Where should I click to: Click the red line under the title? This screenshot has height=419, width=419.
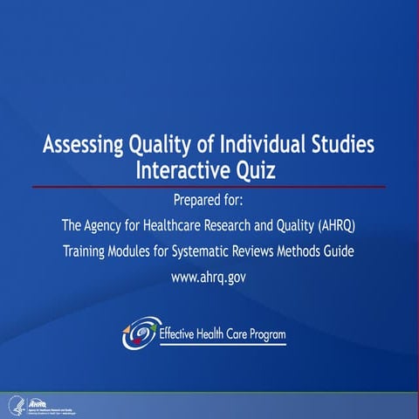coord(209,188)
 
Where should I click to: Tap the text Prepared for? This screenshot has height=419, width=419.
coord(209,203)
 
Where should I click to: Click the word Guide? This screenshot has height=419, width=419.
coord(336,252)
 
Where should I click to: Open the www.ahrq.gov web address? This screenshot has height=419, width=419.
coord(209,277)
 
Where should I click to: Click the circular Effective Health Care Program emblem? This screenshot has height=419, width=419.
coord(142,333)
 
